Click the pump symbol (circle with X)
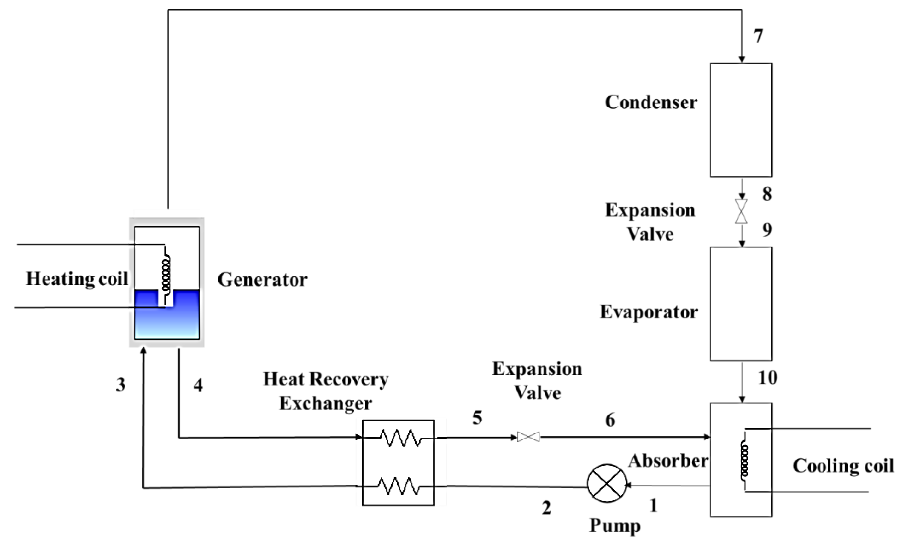(607, 484)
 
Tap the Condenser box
(741, 120)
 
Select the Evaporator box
(741, 304)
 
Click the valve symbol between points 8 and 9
(741, 212)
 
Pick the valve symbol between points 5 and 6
(528, 437)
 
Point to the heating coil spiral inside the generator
(166, 271)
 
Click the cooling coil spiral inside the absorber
(744, 460)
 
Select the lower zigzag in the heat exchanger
(399, 486)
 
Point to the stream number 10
(767, 377)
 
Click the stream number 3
(120, 385)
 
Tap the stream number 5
(477, 418)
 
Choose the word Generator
(262, 280)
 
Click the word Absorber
(668, 461)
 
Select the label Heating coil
(77, 279)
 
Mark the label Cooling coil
(843, 467)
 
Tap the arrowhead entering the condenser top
(742, 59)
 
